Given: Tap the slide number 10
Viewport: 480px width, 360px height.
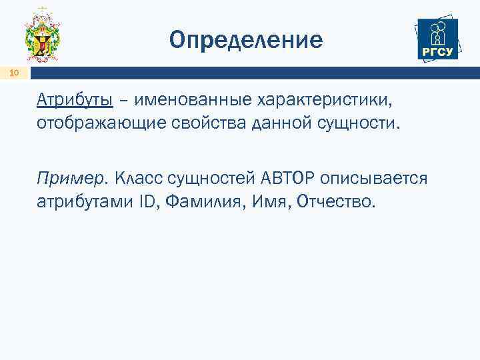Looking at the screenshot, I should (15, 73).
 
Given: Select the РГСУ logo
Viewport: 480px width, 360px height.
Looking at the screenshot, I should (437, 38).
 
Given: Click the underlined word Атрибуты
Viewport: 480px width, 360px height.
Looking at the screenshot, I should (75, 100).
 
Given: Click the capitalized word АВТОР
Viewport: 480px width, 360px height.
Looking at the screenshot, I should (289, 178).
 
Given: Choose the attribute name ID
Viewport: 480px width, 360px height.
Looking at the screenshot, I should (143, 201).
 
